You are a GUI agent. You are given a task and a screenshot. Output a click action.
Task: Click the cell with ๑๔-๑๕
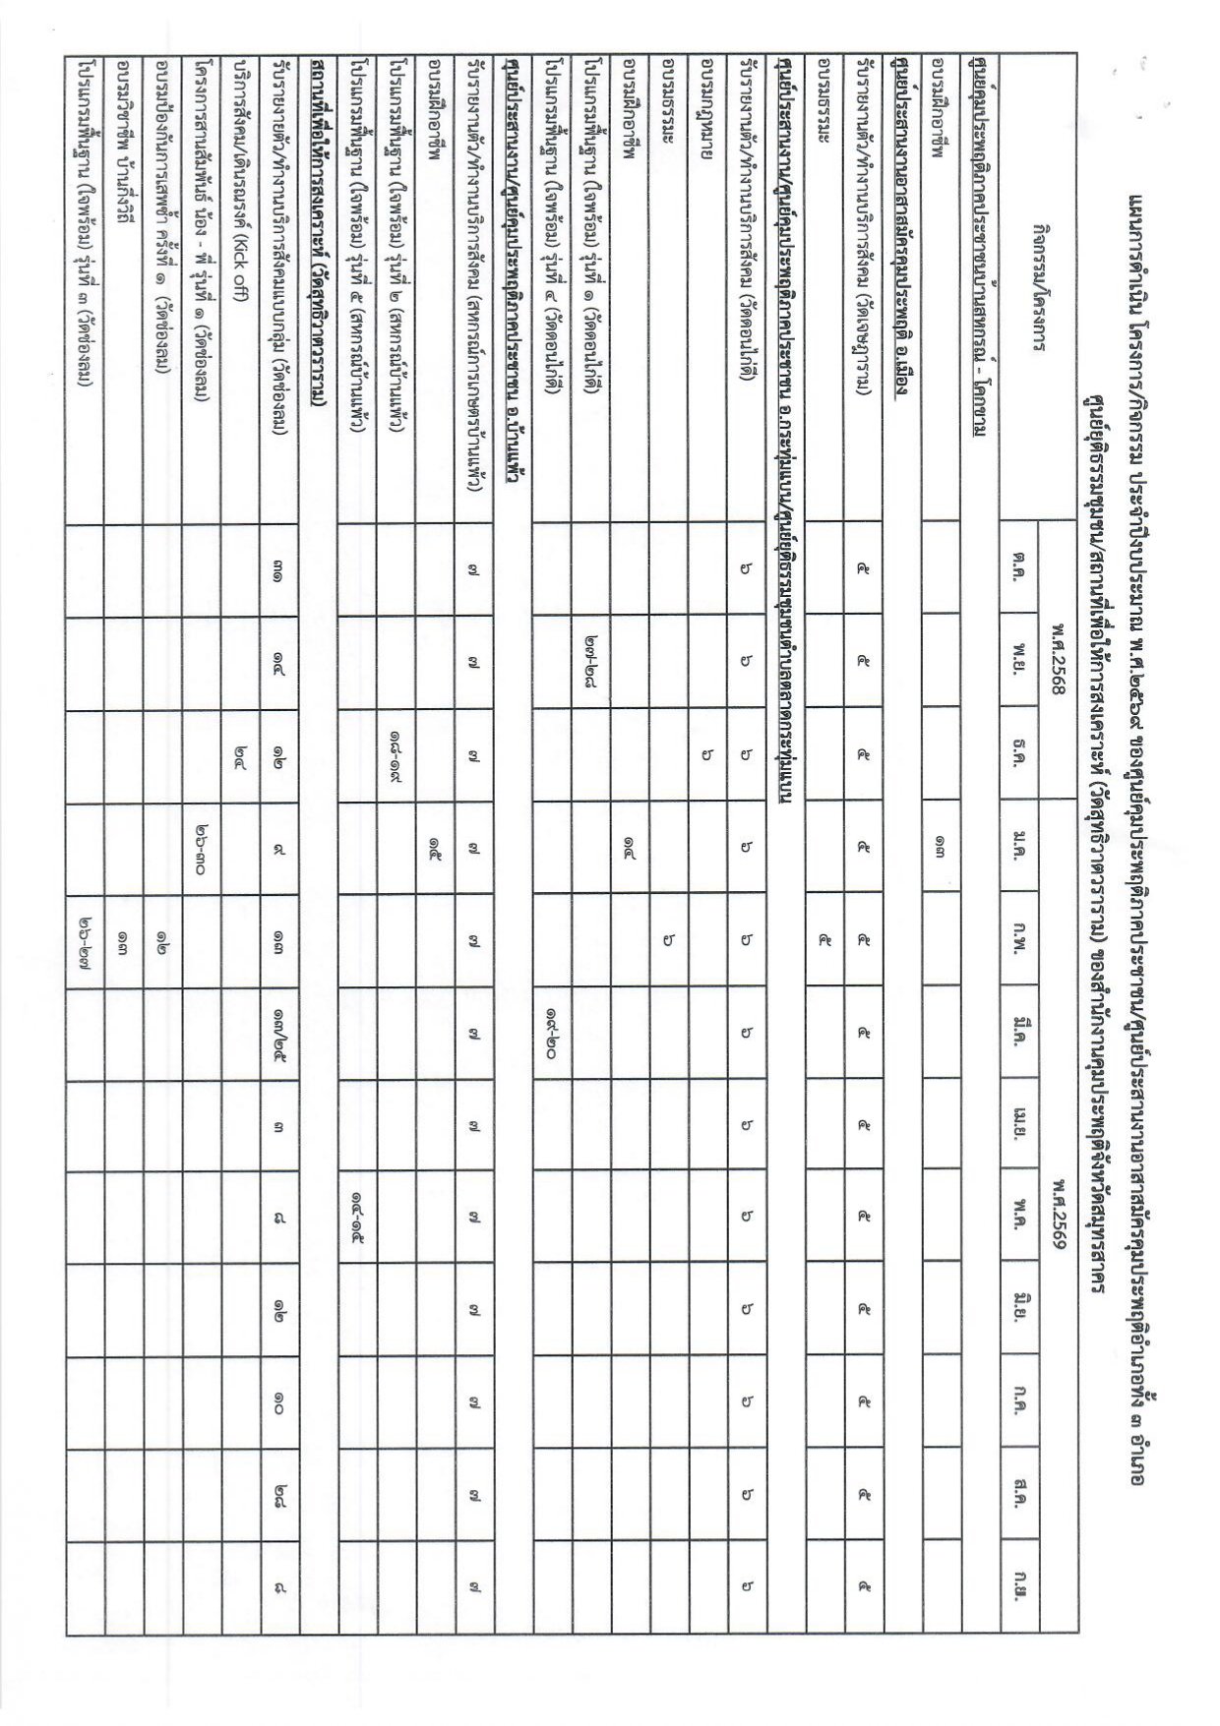[x=357, y=1215]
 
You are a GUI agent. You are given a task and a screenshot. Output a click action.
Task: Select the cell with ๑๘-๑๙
[x=396, y=755]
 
